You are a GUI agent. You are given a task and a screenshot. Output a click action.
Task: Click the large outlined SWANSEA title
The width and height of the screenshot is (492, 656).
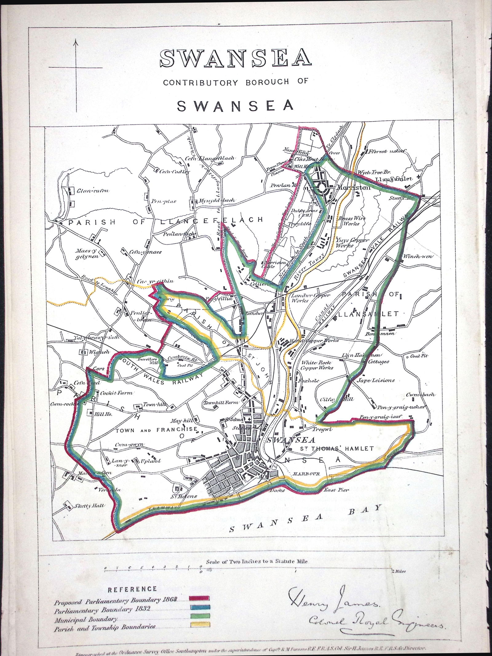pos(236,58)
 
